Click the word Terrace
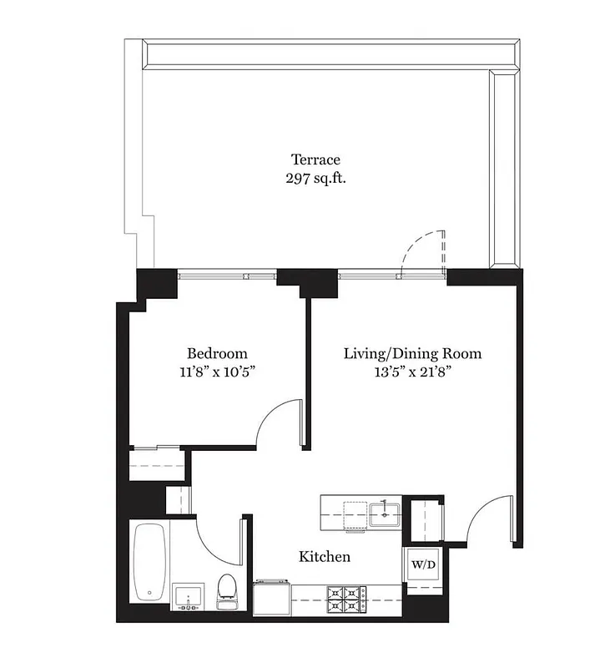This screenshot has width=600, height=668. click(315, 159)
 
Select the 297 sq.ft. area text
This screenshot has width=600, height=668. click(315, 178)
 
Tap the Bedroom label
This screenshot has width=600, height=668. click(217, 354)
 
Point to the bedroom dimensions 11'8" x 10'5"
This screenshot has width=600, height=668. click(217, 372)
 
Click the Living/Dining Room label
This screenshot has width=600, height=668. click(412, 354)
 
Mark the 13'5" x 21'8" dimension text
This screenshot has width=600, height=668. click(412, 372)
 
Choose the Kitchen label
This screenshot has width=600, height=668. click(325, 556)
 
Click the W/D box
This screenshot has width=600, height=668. click(423, 564)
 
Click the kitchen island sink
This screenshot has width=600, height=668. click(386, 512)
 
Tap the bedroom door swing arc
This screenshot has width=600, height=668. click(280, 421)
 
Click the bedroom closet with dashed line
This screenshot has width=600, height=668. click(156, 463)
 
